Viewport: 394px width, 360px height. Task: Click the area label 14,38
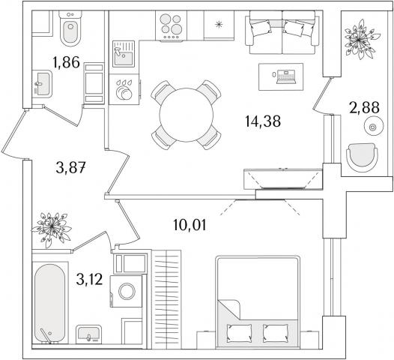tap(263, 121)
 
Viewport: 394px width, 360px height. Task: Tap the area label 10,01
tap(190, 225)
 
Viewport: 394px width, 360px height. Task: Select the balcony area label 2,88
tap(364, 107)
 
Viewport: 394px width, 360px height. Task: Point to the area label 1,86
tap(67, 62)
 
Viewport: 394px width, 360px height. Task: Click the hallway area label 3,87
tap(71, 167)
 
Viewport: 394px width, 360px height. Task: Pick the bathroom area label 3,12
tap(89, 279)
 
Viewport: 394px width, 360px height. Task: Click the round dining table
tap(187, 115)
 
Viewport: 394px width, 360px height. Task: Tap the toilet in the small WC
tap(70, 29)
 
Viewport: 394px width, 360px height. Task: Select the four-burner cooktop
tap(171, 25)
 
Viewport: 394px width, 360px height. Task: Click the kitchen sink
tap(124, 54)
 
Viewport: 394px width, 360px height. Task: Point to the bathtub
tap(50, 303)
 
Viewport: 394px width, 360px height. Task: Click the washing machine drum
tap(127, 291)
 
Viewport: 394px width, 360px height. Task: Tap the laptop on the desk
tap(285, 77)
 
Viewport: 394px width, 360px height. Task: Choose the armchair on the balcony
tap(362, 157)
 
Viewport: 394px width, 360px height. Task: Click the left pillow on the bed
tap(239, 332)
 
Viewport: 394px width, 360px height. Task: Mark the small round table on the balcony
tap(374, 127)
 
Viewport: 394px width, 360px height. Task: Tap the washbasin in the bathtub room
tap(88, 334)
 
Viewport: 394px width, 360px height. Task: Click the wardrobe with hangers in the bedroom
tap(166, 299)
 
